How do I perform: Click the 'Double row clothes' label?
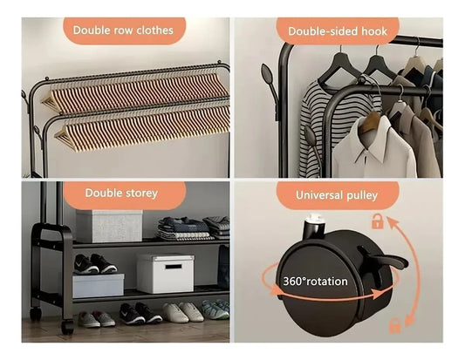pyautogui.click(x=123, y=31)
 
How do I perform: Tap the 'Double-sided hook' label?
pyautogui.click(x=338, y=31)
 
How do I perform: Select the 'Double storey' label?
pyautogui.click(x=121, y=194)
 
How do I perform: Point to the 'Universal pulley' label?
pyautogui.click(x=337, y=195)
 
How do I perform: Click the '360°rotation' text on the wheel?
pyautogui.click(x=316, y=282)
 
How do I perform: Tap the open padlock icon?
pyautogui.click(x=377, y=221)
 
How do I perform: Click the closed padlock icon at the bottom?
pyautogui.click(x=394, y=325)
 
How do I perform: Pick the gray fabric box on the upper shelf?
pyautogui.click(x=109, y=226)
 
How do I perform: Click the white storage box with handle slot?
pyautogui.click(x=166, y=273)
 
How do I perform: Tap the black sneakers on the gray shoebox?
pyautogui.click(x=95, y=263)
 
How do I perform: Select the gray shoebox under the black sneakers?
pyautogui.click(x=99, y=285)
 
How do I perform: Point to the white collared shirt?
pyautogui.click(x=374, y=148)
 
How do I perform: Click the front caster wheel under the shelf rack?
pyautogui.click(x=67, y=327)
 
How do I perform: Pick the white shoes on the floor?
pyautogui.click(x=183, y=312)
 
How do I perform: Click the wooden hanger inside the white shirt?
pyautogui.click(x=370, y=121)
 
